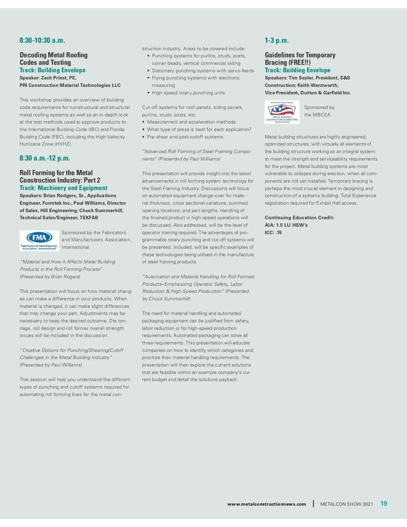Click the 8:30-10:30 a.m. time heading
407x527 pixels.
[42, 40]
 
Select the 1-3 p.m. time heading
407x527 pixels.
[277, 40]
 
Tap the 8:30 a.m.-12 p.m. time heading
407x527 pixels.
[45, 158]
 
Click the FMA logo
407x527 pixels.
[39, 241]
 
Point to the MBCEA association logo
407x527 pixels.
[282, 112]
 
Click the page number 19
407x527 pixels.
[384, 504]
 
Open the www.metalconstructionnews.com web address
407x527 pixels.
[267, 504]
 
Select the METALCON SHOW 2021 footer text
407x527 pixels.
[346, 504]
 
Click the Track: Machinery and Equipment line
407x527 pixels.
[63, 188]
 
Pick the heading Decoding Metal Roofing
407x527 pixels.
[54, 55]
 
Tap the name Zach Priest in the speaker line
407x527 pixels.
[54, 78]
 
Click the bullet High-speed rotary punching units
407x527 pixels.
[188, 93]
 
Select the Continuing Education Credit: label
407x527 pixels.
[299, 218]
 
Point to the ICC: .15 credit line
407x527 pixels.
[273, 232]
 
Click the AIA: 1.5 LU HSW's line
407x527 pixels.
[286, 225]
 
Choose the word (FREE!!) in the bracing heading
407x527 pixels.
[299, 62]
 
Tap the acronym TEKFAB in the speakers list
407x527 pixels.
[89, 218]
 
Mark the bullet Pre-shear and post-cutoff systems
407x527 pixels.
[185, 137]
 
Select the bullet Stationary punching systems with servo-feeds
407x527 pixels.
[203, 71]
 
